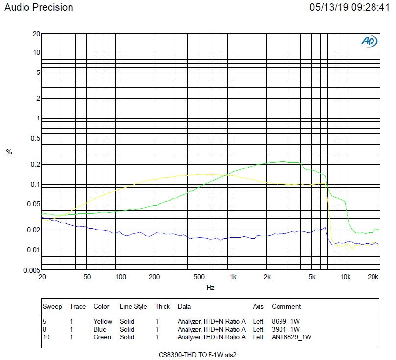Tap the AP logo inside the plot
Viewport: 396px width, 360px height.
369,42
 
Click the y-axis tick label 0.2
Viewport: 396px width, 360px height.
35,164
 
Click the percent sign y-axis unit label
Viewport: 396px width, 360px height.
9,152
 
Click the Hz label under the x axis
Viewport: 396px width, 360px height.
210,288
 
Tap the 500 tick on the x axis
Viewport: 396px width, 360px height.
199,277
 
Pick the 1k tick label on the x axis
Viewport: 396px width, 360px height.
233,277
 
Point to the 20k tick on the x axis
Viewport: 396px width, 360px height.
373,277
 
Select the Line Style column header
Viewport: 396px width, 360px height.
133,307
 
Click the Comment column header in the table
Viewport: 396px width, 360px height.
286,307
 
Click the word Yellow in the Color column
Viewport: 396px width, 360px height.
102,322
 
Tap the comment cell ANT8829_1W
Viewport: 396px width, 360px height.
292,337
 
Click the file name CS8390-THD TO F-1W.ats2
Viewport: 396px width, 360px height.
201,354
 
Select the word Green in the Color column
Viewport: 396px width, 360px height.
102,337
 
